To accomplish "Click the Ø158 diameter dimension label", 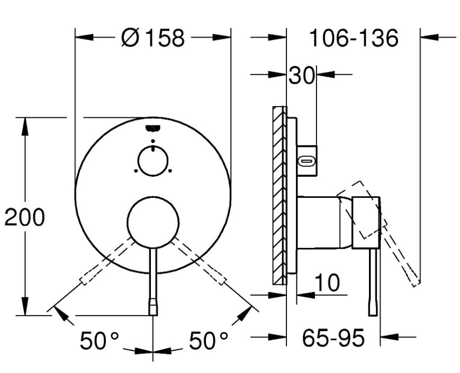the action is click(153, 38).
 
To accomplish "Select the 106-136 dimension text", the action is click(354, 38).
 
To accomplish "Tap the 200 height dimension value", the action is click(25, 217).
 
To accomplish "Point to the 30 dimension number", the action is click(301, 75).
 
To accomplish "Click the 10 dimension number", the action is click(327, 282).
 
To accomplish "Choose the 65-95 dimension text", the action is click(333, 337).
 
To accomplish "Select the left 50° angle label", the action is click(99, 340).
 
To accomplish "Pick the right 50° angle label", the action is click(208, 340).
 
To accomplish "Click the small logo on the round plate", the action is click(153, 128).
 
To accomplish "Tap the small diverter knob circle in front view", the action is click(153, 161).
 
